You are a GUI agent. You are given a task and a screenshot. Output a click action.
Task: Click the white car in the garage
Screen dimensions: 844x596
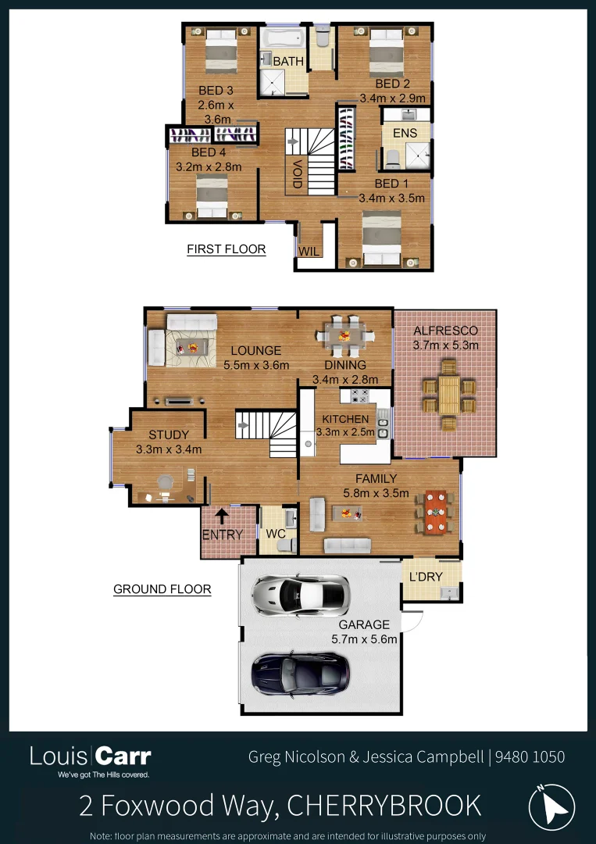point(301,595)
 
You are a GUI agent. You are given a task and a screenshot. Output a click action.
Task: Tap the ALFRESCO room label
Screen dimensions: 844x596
point(445,331)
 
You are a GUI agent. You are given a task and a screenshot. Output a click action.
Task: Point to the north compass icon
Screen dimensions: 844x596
point(551,806)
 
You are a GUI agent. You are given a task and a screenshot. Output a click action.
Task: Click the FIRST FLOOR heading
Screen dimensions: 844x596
point(227,249)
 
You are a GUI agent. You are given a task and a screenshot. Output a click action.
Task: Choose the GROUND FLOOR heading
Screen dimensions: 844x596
point(162,588)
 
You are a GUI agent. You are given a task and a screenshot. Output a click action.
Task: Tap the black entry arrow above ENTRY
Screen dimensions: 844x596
point(222,515)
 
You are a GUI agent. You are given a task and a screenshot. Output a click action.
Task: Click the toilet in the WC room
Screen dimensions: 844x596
point(286,542)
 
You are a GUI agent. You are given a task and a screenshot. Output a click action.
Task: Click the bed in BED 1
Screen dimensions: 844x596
point(382,235)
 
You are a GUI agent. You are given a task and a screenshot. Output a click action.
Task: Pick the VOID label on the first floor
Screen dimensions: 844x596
point(298,173)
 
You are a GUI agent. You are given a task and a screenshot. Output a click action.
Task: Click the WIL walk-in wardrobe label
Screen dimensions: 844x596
point(307,252)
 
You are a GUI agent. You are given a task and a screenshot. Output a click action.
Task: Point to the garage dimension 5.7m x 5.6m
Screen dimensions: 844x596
point(364,638)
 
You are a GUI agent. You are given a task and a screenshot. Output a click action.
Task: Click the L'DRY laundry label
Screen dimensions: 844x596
point(426,577)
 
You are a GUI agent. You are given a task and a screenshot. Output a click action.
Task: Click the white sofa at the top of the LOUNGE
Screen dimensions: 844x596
point(191,322)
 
